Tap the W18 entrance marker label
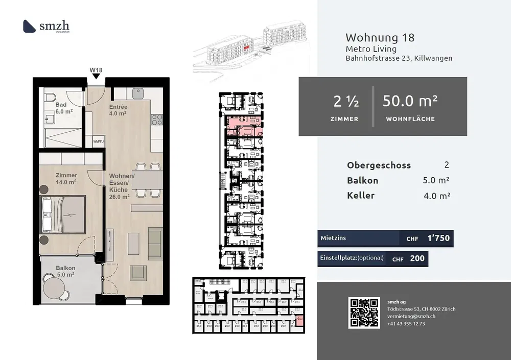[96, 69]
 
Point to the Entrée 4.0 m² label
[118, 110]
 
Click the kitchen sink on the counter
[137, 94]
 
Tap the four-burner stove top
[156, 120]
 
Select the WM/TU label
[98, 141]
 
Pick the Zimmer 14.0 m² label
[66, 178]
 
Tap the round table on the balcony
[54, 287]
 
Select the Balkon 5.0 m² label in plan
[65, 271]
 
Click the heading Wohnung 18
[380, 37]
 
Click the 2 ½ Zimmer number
[345, 102]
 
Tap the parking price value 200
[417, 258]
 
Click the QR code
[364, 313]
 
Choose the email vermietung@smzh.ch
[411, 317]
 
